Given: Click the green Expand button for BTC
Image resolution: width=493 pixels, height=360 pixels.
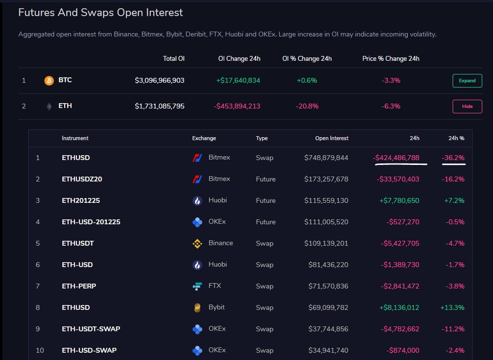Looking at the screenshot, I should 467,80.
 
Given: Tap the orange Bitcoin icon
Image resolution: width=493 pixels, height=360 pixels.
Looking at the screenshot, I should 49,80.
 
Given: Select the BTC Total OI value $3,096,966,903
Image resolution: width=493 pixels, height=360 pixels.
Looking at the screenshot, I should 159,80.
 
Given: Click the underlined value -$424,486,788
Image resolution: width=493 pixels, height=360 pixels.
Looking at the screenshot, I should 397,158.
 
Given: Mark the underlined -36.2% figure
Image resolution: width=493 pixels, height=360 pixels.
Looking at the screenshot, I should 453,158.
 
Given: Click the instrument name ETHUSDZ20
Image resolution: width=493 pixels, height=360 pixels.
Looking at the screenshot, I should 82,179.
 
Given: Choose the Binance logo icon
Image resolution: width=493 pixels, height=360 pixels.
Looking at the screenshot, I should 197,243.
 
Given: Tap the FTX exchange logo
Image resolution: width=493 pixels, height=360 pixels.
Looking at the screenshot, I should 197,286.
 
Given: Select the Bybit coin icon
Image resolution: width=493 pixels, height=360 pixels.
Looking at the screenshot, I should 197,307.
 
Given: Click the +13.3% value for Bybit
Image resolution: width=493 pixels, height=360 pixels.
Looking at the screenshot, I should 453,307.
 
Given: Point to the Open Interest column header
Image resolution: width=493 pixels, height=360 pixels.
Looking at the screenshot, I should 332,138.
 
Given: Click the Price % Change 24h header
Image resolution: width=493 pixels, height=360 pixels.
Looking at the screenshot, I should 391,58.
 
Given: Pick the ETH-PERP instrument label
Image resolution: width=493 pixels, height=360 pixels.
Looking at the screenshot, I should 79,286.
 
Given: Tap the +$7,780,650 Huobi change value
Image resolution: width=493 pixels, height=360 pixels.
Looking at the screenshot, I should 398,200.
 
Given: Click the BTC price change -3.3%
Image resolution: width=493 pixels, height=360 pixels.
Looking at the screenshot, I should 391,80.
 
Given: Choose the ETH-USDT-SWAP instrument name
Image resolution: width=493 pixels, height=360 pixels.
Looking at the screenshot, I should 91,329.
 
